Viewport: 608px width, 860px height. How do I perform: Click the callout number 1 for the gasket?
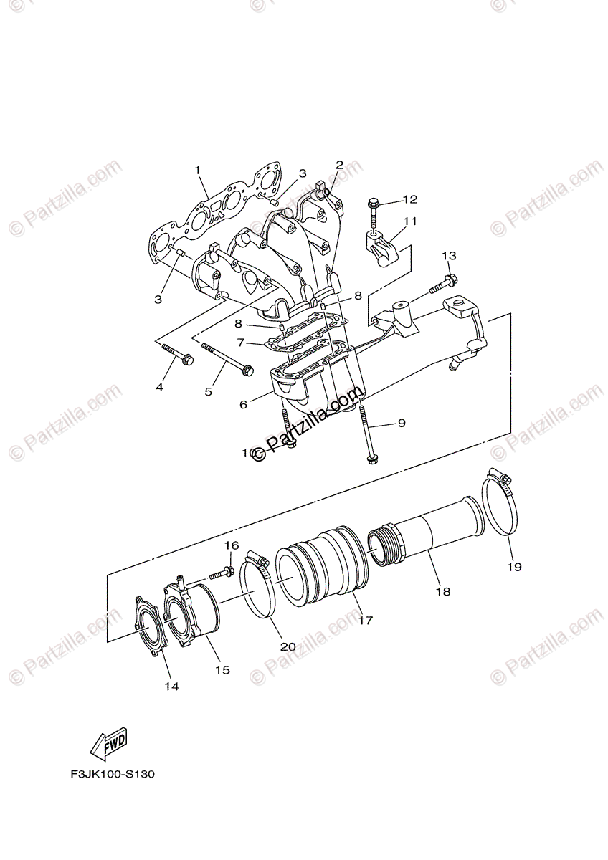(197, 171)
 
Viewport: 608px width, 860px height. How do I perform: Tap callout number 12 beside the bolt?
(409, 199)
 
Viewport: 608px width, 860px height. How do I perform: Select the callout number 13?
(448, 256)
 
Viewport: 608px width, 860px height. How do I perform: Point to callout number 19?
(515, 566)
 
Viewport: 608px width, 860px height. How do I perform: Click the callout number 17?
(366, 621)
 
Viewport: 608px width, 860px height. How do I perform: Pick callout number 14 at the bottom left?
(171, 686)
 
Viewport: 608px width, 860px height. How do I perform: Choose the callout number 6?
(244, 405)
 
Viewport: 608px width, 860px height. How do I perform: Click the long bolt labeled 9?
(367, 434)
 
